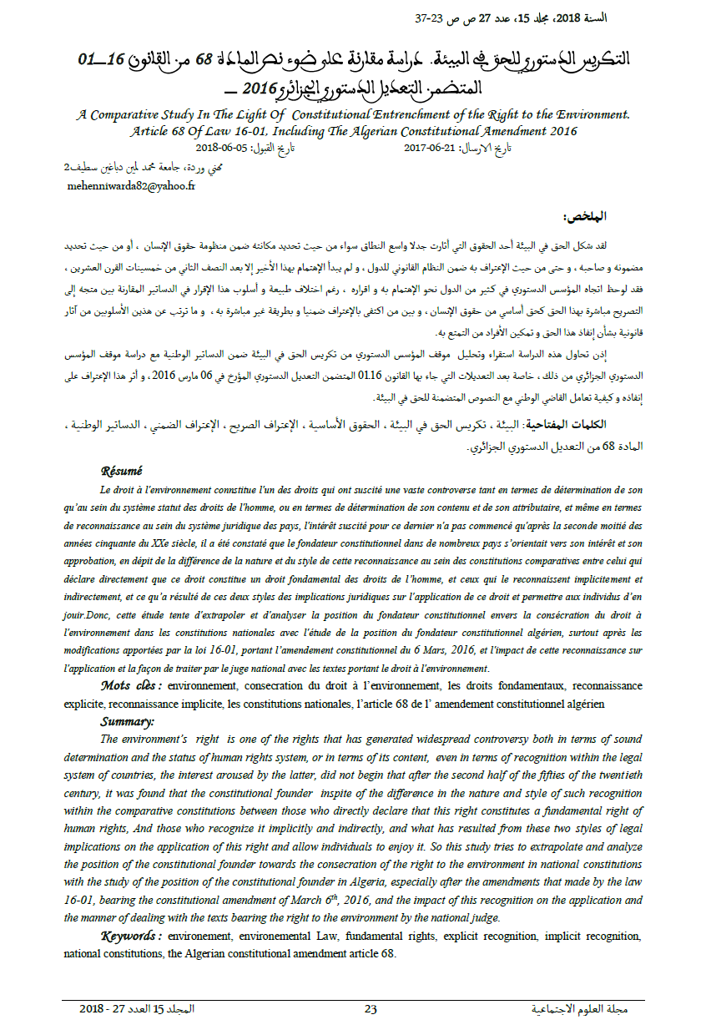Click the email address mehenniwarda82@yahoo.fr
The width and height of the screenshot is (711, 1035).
tap(131, 186)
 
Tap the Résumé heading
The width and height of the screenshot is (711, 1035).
tap(122, 470)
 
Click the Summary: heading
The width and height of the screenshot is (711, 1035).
tap(128, 721)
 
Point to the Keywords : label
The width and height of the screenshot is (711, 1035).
tap(131, 936)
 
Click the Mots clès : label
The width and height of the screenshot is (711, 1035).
tap(131, 685)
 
